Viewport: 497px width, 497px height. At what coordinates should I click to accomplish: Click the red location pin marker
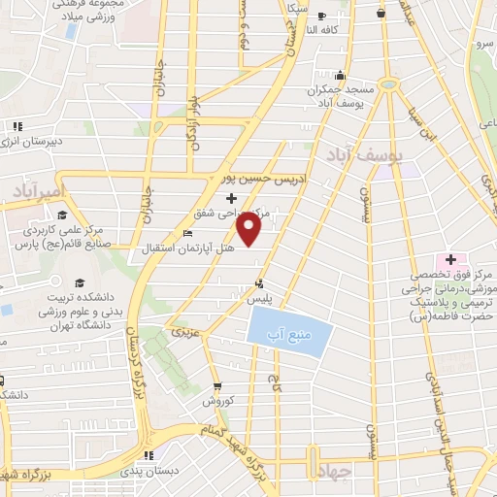tap(249, 228)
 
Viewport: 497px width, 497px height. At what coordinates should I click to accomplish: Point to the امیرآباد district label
tap(36, 191)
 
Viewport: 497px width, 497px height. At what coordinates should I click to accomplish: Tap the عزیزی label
tap(183, 333)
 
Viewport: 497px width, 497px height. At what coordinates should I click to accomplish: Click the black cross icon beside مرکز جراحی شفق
tap(229, 199)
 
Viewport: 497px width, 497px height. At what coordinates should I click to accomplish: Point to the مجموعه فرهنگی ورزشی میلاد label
tap(60, 11)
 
